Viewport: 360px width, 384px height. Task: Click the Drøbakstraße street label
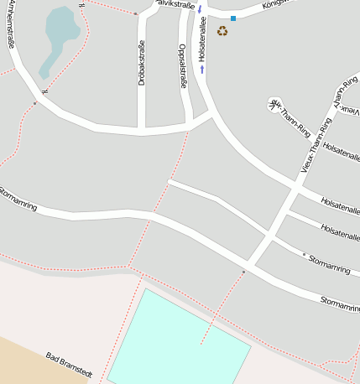coord(142,62)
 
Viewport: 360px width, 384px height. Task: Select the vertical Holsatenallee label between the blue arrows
coord(202,39)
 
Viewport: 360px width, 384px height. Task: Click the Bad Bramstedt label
coord(68,366)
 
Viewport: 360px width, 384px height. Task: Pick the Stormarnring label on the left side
coord(18,200)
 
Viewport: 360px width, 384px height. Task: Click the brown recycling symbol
coord(222,31)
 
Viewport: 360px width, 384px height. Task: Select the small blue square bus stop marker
coord(233,18)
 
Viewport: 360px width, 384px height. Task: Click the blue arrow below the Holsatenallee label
coord(202,70)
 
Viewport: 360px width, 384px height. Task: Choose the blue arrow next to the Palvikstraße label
coord(200,9)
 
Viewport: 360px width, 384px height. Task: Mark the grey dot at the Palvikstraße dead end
coord(136,13)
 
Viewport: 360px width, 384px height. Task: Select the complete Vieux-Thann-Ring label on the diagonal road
coord(316,145)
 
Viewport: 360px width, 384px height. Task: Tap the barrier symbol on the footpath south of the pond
coord(46,90)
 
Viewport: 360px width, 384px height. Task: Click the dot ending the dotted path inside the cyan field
coord(201,342)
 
